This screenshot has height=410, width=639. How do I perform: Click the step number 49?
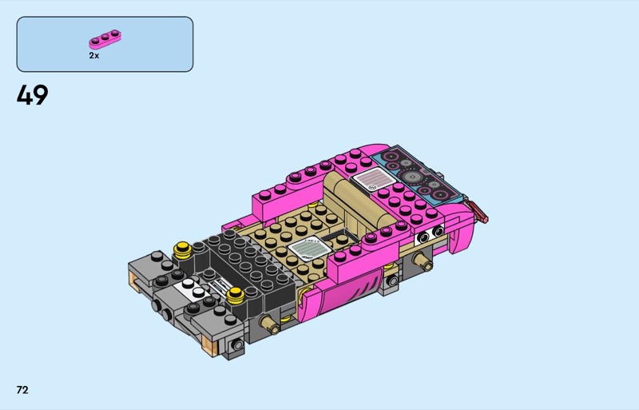(x=32, y=95)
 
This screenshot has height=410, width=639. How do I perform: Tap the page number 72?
(x=22, y=390)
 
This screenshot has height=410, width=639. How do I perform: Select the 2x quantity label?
(x=94, y=55)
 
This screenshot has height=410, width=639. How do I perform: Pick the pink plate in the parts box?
(x=105, y=38)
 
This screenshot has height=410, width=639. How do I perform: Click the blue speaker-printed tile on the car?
(x=415, y=174)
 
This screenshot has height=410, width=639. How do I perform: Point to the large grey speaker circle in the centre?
(x=412, y=177)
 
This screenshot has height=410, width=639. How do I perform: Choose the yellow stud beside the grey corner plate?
(x=183, y=249)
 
